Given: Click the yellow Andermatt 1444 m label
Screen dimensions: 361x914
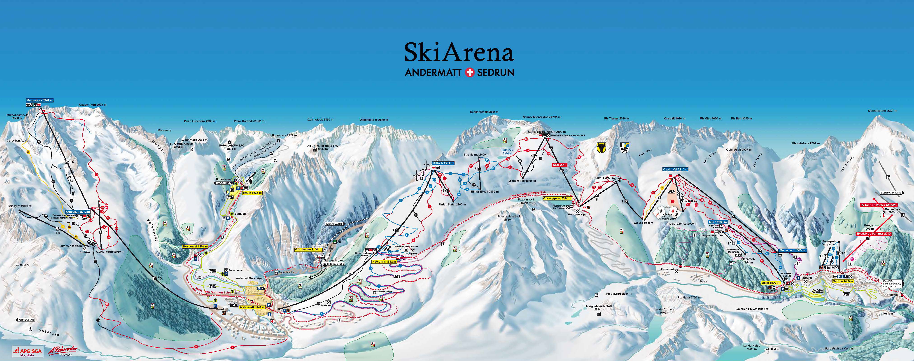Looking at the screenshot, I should [x=252, y=307].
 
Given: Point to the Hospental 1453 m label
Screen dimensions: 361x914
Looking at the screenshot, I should [x=195, y=246].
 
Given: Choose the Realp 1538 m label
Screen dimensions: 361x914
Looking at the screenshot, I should [x=252, y=193].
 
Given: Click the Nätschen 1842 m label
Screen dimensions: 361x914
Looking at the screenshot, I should [x=384, y=261].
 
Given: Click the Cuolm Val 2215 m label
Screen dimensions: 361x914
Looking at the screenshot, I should [x=675, y=170].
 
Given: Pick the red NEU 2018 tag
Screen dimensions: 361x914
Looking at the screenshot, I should [x=560, y=165].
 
